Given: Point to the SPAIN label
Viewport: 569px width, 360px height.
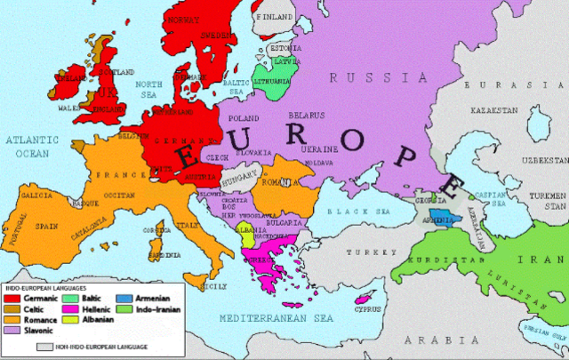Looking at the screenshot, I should pyautogui.click(x=46, y=226).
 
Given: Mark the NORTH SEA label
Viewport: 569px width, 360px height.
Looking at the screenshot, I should pyautogui.click(x=150, y=89).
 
